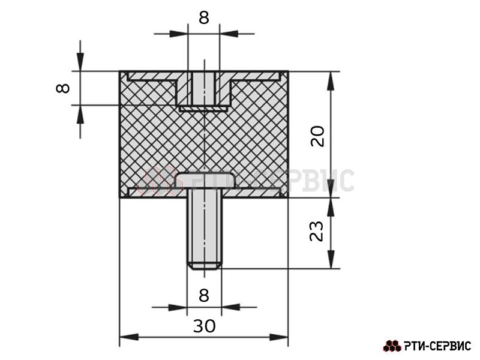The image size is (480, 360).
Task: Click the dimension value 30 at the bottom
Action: click(x=204, y=326)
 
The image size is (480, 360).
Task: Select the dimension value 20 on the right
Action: click(x=317, y=136)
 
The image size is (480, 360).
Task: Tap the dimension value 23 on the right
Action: click(x=317, y=231)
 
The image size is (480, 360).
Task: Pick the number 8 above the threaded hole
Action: click(x=204, y=17)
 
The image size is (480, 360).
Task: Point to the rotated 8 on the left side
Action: click(x=63, y=88)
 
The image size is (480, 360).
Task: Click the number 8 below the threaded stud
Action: click(x=204, y=295)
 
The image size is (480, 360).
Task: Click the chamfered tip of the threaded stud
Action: click(x=204, y=266)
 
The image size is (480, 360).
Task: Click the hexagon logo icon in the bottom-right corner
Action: click(x=392, y=346)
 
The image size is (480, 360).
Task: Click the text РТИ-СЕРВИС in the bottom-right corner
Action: click(x=437, y=346)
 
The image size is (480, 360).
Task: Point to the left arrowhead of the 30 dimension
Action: click(x=129, y=337)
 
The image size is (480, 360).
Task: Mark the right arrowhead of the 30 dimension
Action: click(x=278, y=337)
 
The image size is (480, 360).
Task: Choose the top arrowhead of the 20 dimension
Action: click(x=331, y=81)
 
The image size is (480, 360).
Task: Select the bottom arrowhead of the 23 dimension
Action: click(x=331, y=259)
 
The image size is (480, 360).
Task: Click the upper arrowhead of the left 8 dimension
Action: click(x=80, y=62)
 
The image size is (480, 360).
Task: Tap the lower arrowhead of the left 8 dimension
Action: click(x=80, y=115)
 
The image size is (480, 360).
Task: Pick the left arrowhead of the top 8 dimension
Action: click(x=179, y=34)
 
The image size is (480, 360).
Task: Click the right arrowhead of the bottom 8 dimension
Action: click(x=230, y=307)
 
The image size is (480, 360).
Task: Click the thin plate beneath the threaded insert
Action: click(x=203, y=109)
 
